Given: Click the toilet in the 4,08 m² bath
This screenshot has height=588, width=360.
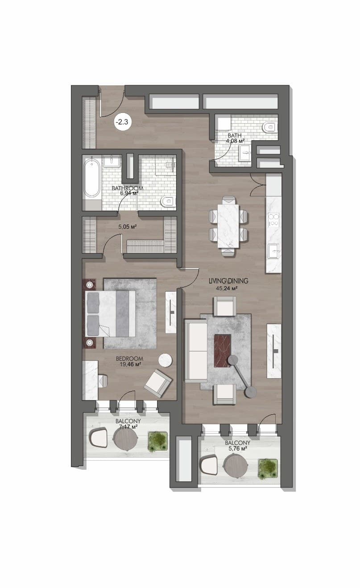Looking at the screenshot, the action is coord(269,127).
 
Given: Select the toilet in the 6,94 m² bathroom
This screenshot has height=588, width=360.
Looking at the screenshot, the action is coord(167,202).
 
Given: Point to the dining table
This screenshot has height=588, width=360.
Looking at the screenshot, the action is coord(228,226).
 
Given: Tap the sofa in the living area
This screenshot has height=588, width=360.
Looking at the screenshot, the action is coord(195,350).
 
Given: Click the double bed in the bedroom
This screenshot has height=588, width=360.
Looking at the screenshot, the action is coord(110,314).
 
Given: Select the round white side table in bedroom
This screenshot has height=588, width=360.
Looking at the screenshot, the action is coord(166,360).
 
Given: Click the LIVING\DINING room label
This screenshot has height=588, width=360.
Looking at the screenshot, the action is coord(228,281).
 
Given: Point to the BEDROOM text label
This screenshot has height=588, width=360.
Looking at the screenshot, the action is coord(129,359).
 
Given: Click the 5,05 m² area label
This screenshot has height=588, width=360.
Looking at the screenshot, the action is coord(128,226).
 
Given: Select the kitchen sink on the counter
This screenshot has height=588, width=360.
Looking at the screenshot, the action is coord(274,251).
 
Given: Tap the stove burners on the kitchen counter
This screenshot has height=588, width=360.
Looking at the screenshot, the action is coord(274,220).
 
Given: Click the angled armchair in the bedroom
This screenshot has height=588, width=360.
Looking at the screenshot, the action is coord(158,383).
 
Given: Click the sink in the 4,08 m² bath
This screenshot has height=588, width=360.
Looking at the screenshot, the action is coord(244,153).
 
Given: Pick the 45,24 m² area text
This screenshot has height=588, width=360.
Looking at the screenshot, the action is coord(227,288).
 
